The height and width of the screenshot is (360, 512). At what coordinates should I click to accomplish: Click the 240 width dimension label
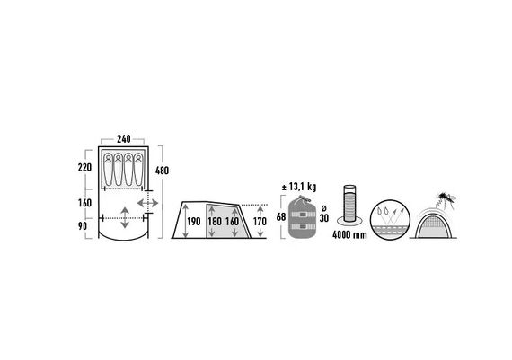124,139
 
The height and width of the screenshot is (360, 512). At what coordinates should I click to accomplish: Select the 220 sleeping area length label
85,168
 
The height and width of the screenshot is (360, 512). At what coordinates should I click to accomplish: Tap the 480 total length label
162,171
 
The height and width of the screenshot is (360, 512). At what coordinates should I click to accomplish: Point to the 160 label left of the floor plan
85,203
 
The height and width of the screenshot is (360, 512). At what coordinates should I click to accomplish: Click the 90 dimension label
83,226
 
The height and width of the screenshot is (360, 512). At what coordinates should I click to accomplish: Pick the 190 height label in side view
194,222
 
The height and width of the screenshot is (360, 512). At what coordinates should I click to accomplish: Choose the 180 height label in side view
215,222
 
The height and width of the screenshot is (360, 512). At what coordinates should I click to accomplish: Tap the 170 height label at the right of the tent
260,222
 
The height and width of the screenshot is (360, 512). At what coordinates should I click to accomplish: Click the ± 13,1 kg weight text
298,188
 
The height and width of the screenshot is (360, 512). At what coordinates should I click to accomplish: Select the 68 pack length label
281,216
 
